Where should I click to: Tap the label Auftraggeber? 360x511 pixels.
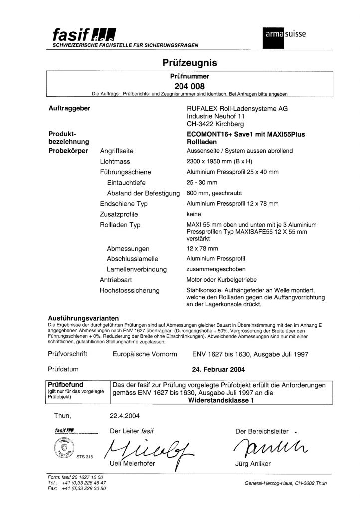point(69,109)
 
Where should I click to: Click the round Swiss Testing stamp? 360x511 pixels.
point(61,448)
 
